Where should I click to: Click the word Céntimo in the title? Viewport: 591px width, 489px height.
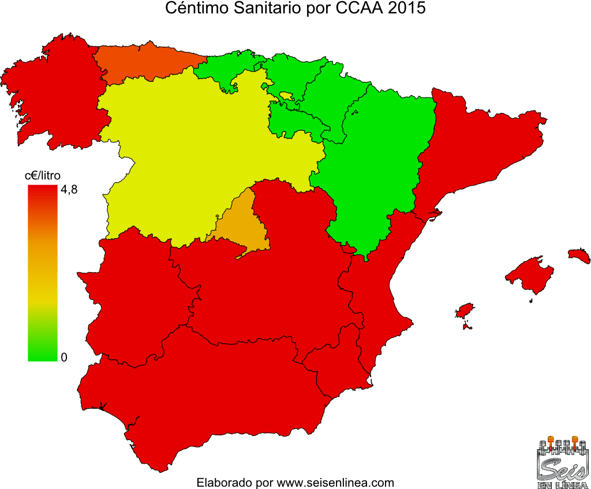point(190,9)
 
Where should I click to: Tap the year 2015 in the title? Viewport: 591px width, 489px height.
point(407,9)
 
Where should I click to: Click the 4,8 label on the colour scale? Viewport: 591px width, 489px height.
point(68,189)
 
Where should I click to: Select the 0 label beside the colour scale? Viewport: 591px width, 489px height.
point(64,357)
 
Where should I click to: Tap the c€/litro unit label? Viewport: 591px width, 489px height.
point(42,174)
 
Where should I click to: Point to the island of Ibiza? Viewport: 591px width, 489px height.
point(465,311)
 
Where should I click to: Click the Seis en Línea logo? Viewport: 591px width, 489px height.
point(561,461)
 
